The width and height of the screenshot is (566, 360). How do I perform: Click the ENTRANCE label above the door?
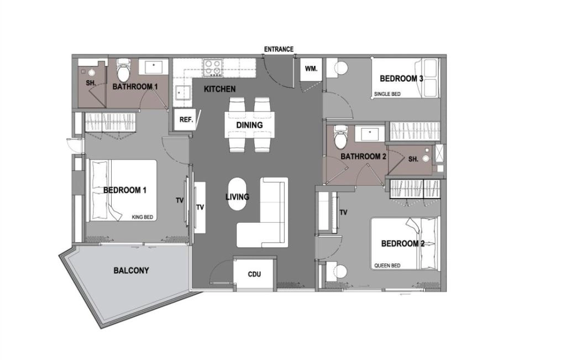[x=279, y=49]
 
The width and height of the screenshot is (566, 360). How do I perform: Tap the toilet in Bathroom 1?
[x=123, y=70]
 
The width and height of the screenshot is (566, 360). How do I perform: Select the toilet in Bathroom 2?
[x=340, y=137]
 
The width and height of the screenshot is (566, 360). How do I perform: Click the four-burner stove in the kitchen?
[x=212, y=68]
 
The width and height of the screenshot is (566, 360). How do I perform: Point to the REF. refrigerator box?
[x=186, y=119]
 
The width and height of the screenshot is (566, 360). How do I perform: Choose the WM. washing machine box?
[x=311, y=69]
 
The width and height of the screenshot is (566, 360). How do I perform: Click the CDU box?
[x=254, y=274]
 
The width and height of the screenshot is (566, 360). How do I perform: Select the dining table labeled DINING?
[x=249, y=124]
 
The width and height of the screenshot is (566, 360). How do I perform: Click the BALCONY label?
[x=131, y=270]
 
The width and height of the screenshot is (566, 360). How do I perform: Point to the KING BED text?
[x=142, y=217]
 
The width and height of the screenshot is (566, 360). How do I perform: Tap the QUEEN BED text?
[x=387, y=265]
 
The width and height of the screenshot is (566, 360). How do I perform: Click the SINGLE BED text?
[x=387, y=94]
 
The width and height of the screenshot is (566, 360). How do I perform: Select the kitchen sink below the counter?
[x=184, y=93]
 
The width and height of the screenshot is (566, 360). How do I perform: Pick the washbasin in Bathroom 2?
[x=370, y=133]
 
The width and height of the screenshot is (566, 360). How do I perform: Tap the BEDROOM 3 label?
[x=401, y=79]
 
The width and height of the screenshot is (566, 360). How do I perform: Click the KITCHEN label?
[x=219, y=89]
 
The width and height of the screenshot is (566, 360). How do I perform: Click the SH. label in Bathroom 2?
[x=413, y=159]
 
